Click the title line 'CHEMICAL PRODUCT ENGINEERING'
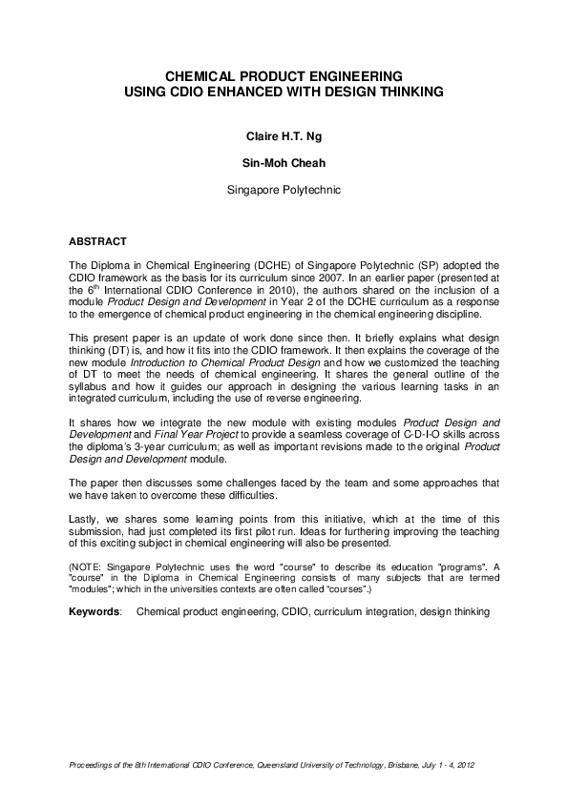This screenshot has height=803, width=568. point(284,75)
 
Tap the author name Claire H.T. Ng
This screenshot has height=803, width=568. point(284,136)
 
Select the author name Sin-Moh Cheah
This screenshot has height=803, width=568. point(284,163)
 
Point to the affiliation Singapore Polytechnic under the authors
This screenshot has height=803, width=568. point(284,190)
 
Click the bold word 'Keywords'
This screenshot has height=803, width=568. point(95,612)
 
